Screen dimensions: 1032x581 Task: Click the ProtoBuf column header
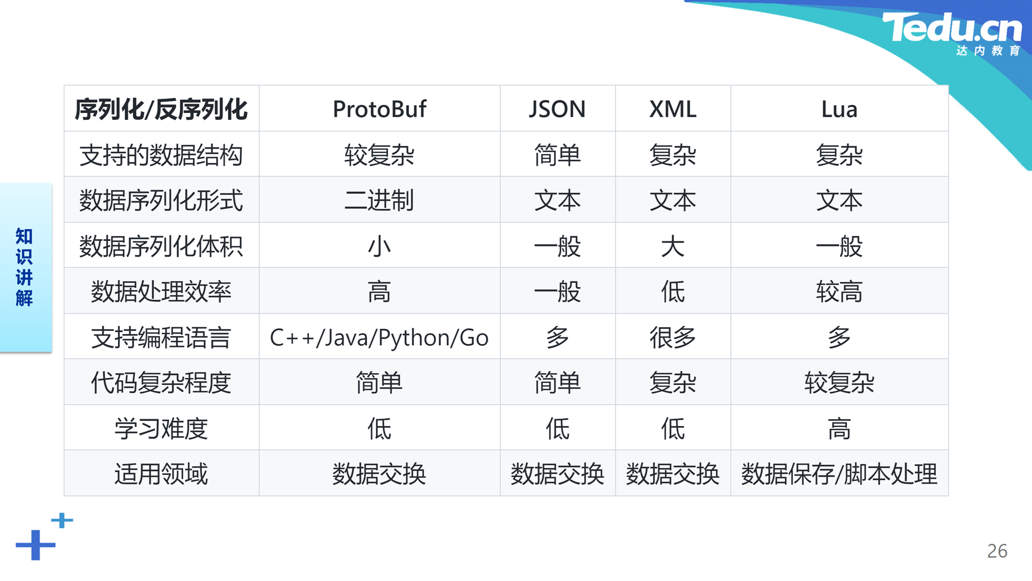point(379,109)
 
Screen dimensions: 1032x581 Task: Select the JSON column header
point(557,109)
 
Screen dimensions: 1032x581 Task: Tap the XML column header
point(673,109)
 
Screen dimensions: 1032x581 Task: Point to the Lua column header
point(839,109)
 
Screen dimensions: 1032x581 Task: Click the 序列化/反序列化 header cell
point(161,109)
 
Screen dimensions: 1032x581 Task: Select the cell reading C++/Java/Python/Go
point(379,338)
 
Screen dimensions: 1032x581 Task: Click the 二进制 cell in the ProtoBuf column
point(379,201)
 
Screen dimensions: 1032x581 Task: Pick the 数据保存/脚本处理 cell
point(839,474)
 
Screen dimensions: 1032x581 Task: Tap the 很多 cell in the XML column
point(673,338)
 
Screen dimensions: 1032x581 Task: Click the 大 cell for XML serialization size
point(673,246)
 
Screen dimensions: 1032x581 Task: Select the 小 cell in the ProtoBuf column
point(379,246)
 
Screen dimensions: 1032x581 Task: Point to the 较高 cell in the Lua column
point(839,292)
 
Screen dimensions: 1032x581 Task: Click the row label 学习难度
point(161,429)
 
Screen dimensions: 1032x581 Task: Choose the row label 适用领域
point(161,474)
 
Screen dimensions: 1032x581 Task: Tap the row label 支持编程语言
point(161,338)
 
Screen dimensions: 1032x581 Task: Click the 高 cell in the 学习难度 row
point(839,429)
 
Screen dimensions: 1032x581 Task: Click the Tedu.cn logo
point(952,33)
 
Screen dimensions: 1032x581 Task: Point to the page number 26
point(997,551)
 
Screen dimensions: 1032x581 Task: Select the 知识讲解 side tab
point(26,267)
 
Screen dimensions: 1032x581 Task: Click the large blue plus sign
point(35,545)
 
